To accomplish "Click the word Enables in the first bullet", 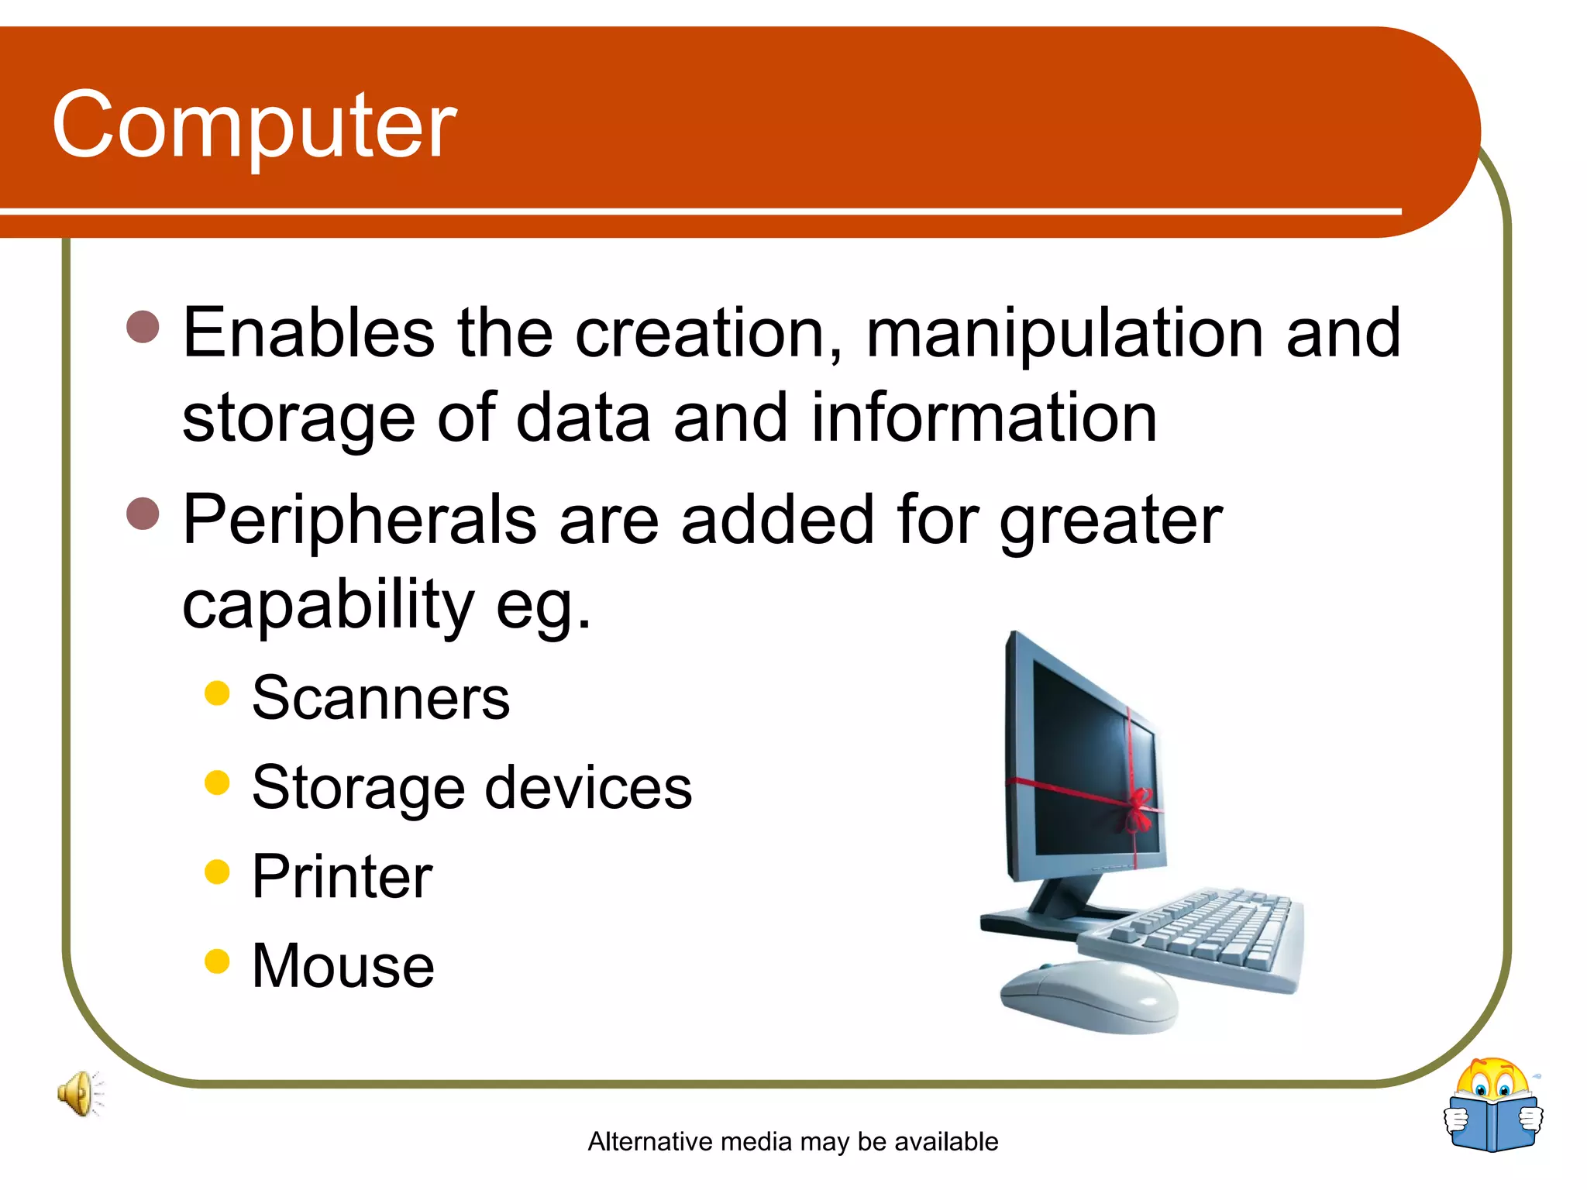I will (x=308, y=333).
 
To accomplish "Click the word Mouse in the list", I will (x=343, y=966).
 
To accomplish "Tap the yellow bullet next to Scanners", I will (x=218, y=693).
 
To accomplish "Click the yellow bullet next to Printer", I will (x=218, y=872).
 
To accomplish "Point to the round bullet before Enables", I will (x=143, y=327).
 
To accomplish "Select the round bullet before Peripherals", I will (x=143, y=514).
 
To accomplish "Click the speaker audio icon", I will (x=80, y=1094).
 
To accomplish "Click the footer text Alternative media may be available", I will (x=793, y=1142).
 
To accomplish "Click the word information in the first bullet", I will (x=984, y=418).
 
